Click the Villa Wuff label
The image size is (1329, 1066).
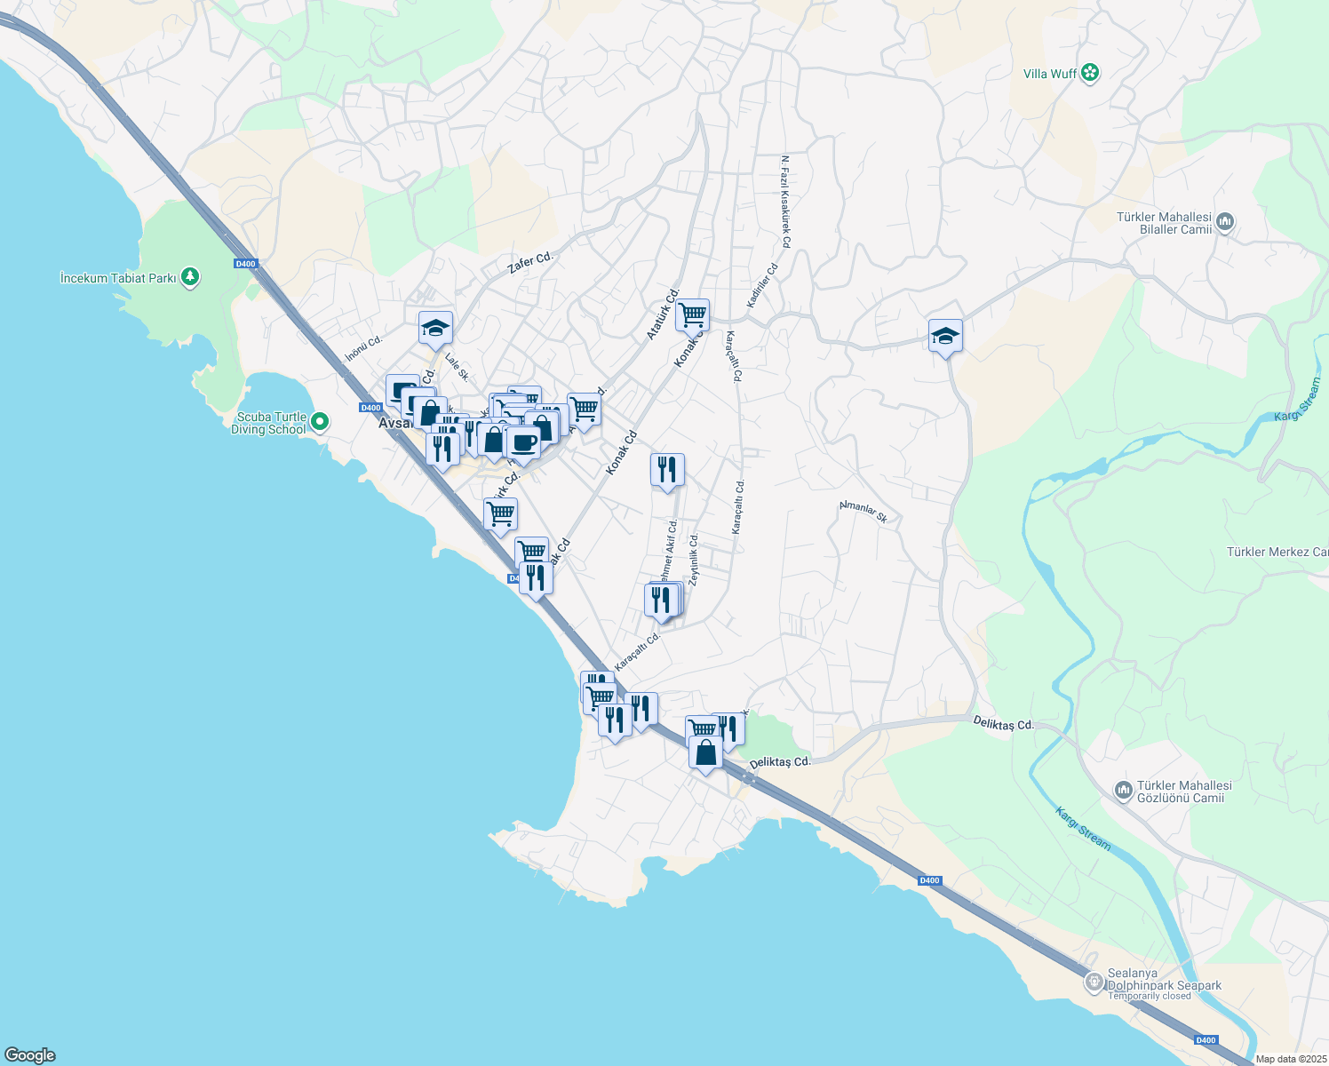[x=1049, y=74]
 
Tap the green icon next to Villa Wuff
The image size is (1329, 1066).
[x=1090, y=74]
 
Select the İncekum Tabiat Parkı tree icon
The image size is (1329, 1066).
[x=189, y=278]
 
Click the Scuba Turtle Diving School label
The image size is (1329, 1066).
[x=268, y=424]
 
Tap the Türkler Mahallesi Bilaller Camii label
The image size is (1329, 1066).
[x=1164, y=223]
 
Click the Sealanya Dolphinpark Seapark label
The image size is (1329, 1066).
[x=1164, y=985]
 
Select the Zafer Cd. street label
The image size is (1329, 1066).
[x=529, y=262]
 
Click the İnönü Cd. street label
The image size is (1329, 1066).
[x=363, y=348]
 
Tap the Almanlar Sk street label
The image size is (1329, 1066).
[x=863, y=512]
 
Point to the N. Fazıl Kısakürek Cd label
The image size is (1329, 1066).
[x=785, y=202]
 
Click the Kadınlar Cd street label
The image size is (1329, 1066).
[x=762, y=286]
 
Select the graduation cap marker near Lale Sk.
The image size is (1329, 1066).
[x=435, y=329]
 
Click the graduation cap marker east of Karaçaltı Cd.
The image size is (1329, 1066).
[x=945, y=336]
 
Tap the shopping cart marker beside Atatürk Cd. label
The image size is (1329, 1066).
[x=691, y=314]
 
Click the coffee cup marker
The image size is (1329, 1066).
[x=523, y=442]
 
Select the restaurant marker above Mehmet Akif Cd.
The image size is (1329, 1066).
[x=667, y=470]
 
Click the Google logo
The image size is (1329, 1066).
[x=29, y=1055]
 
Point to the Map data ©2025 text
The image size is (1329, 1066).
[x=1290, y=1059]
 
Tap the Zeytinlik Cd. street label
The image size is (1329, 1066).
[x=694, y=558]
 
